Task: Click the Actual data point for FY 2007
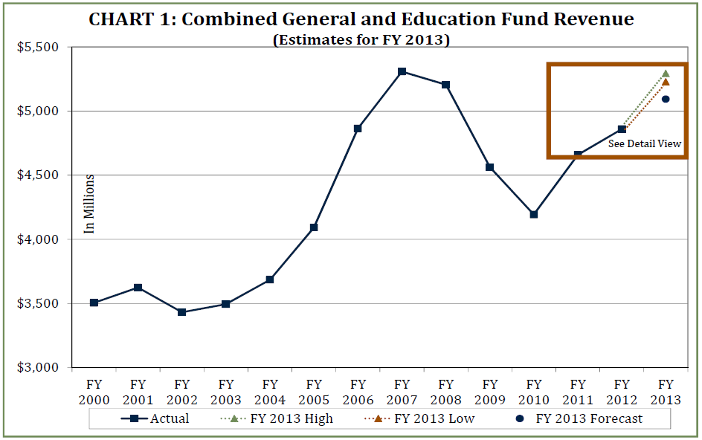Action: click(402, 71)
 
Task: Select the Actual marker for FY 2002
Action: click(181, 312)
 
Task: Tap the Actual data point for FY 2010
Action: click(533, 215)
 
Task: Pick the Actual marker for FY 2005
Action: click(314, 227)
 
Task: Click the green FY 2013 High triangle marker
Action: click(666, 74)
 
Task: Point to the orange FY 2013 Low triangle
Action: click(666, 82)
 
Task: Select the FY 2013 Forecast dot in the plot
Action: click(666, 99)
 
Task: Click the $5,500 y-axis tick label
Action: click(38, 48)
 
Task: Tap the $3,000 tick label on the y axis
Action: click(38, 368)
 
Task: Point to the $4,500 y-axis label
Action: click(38, 175)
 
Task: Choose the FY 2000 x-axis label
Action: click(94, 392)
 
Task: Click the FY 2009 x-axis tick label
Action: click(489, 392)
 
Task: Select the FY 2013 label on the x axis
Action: click(666, 392)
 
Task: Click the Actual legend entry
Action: click(155, 418)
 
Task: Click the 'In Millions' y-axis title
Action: click(89, 204)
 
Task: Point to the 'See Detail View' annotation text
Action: click(644, 144)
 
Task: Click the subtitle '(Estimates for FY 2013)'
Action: click(361, 40)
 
